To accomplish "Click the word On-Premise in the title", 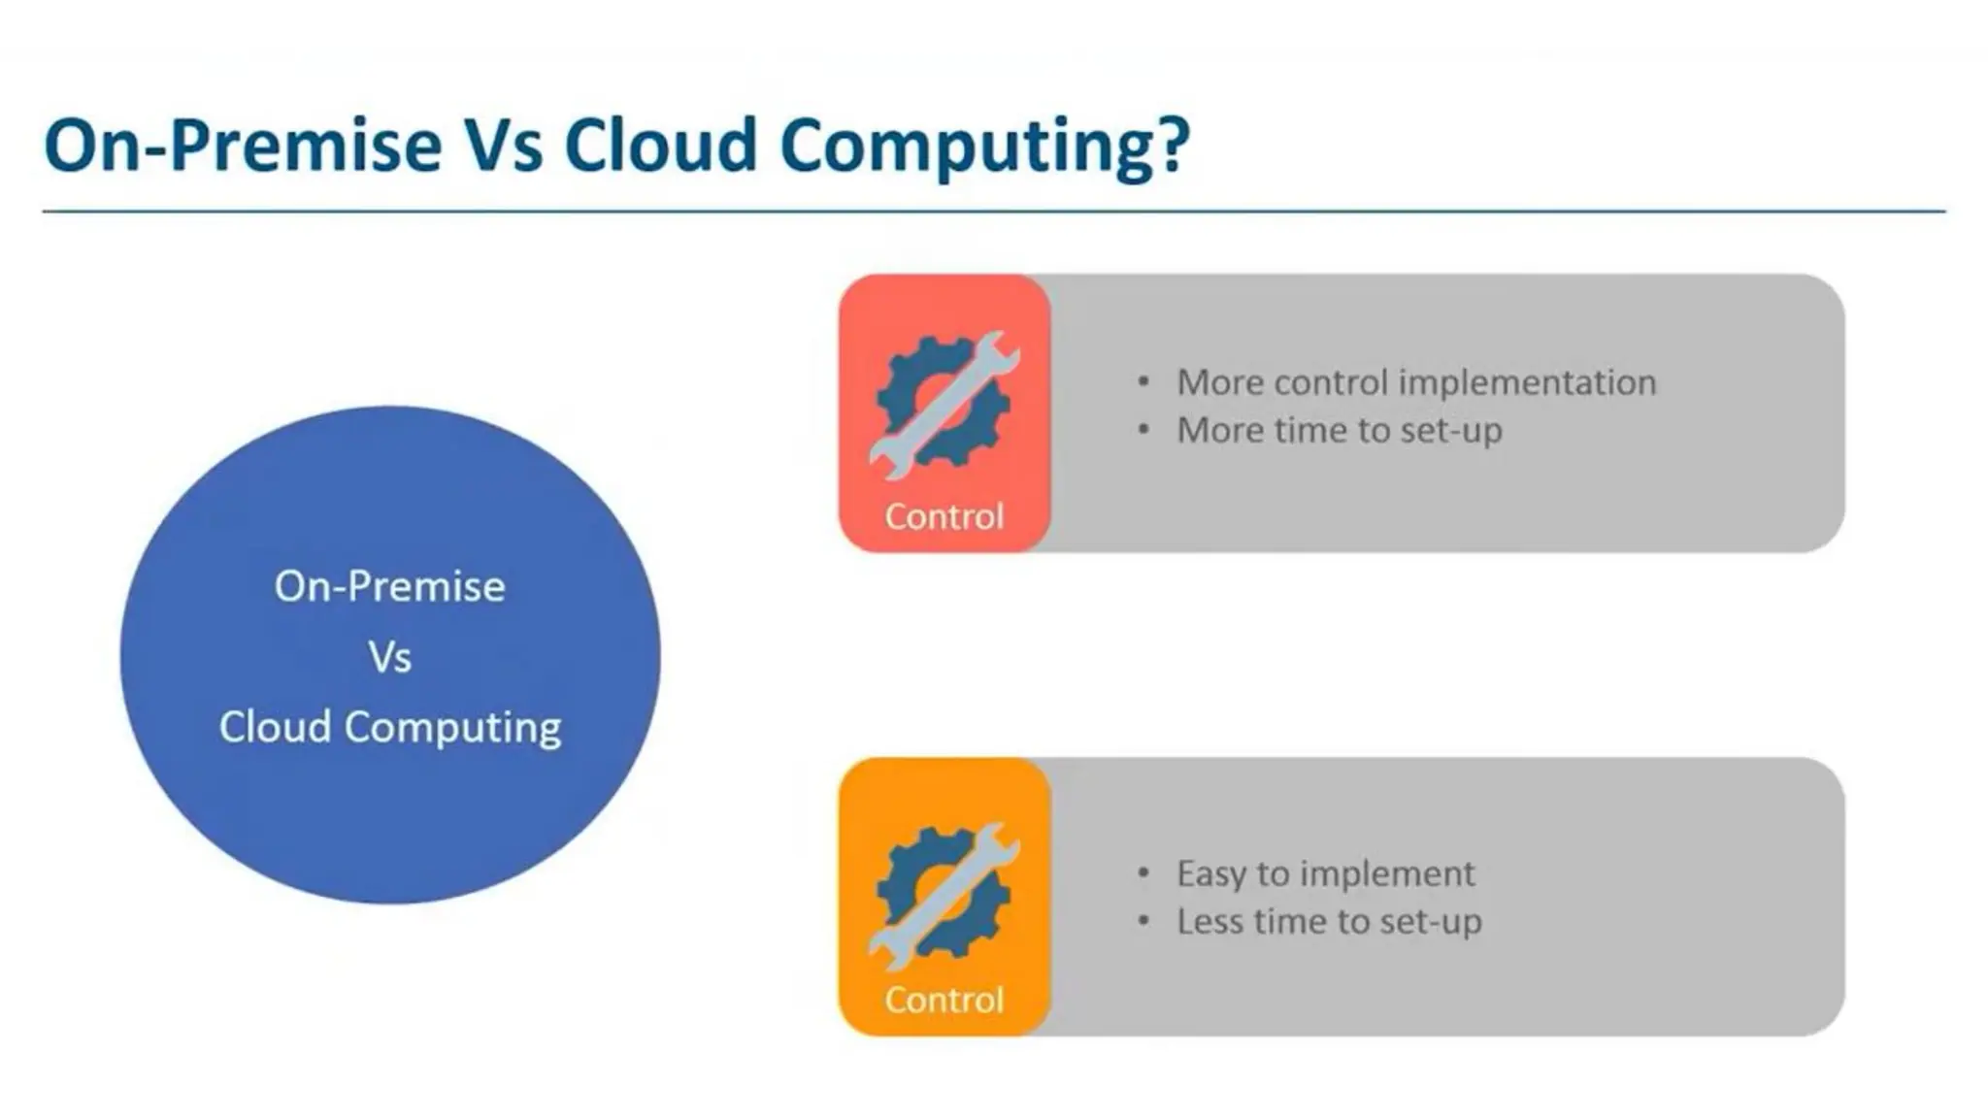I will coord(243,146).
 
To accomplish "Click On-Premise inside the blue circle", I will coord(389,587).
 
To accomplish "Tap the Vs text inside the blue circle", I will coord(389,658).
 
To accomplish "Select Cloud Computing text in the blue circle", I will coord(389,728).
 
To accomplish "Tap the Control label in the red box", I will coord(944,516).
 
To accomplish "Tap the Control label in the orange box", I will coord(944,1000).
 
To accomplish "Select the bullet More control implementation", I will coord(1415,382).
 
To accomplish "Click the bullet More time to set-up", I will coord(1340,430).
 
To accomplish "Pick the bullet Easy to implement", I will coord(1325,873).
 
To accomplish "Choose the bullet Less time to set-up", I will coord(1329,921).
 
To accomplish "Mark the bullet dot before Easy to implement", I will coord(1143,873).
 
